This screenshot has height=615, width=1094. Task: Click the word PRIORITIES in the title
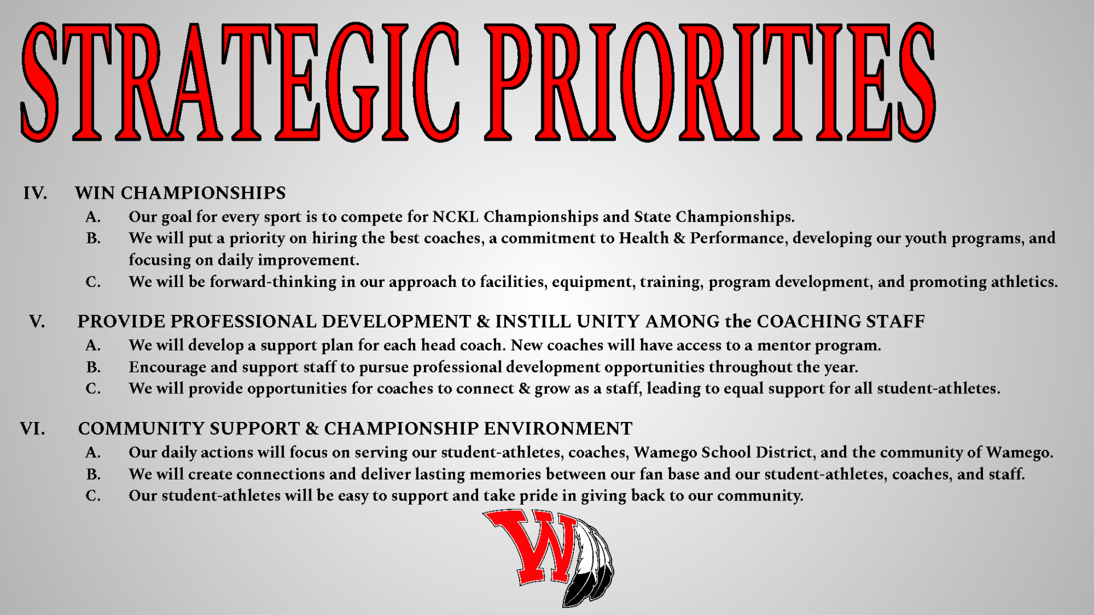tap(710, 83)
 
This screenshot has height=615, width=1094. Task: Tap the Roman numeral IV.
tap(35, 194)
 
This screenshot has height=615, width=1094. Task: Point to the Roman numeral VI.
tap(32, 429)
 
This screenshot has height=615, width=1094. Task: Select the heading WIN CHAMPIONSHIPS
tap(180, 193)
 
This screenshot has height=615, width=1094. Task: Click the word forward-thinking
tap(273, 282)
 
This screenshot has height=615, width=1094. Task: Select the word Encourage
tap(168, 368)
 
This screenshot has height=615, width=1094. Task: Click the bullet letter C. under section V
tap(93, 389)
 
